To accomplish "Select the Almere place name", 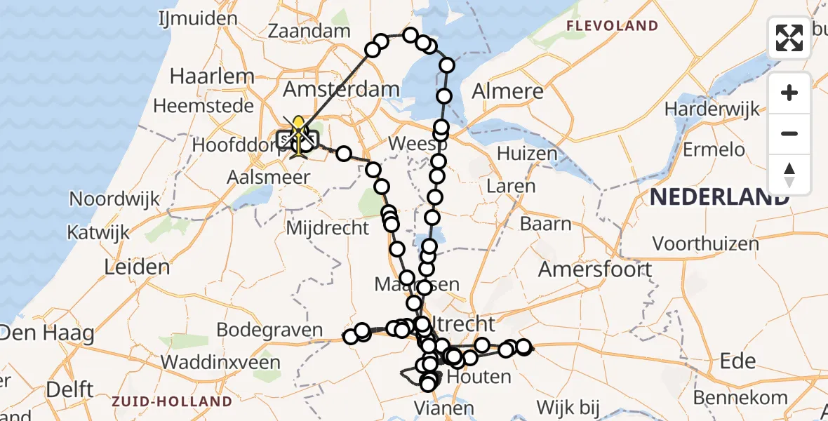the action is point(507,91).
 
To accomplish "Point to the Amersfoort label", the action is point(595,269).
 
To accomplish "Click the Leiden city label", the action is point(137,267).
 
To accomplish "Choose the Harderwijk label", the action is point(712,109).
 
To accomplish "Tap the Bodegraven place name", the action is point(269,330).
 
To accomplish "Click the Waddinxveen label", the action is point(220,362).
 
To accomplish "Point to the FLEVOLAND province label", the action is point(613,27).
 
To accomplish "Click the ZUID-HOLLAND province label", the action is point(172,401).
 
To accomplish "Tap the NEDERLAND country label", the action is point(719,197).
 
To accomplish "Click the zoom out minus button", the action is point(789,133).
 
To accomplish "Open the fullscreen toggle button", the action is point(789,38).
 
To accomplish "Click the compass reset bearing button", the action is point(789,174).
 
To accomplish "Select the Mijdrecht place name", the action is point(328,227).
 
